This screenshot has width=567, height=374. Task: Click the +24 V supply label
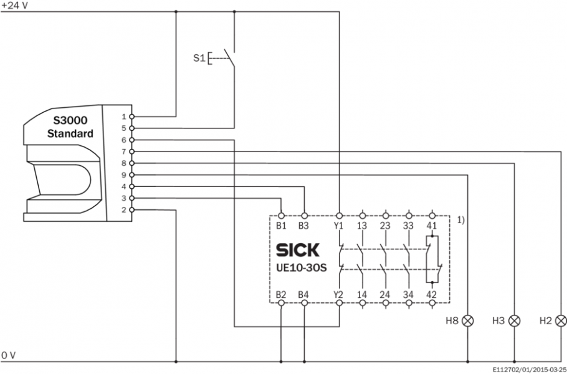[13, 4]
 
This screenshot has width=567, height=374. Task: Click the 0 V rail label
[9, 355]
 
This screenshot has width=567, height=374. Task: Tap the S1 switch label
[199, 58]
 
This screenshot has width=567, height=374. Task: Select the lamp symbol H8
[467, 322]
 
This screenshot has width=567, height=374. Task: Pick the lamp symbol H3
[515, 322]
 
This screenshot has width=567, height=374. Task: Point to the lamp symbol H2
[561, 322]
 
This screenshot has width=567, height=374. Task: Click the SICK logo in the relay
[297, 251]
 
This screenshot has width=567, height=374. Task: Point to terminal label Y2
[340, 293]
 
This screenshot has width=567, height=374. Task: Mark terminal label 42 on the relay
[432, 293]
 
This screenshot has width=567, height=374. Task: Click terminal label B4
[304, 293]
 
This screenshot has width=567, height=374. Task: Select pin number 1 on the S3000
[124, 117]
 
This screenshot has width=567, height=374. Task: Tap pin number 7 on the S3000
[124, 151]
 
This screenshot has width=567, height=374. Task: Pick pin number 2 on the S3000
[124, 210]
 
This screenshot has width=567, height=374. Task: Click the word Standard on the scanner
[70, 133]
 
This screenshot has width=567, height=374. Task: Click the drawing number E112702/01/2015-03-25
[528, 369]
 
